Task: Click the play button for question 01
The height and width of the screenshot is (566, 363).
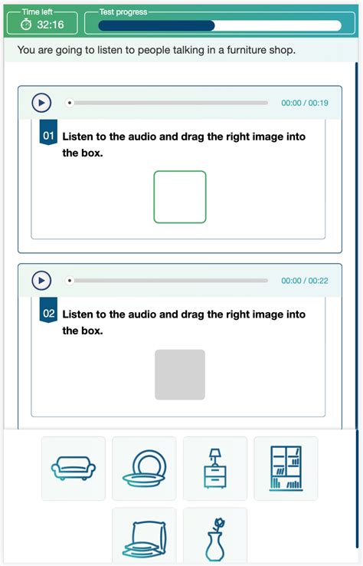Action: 41,103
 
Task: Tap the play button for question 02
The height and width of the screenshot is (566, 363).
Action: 41,281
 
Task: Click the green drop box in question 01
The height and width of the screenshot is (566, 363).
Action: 180,197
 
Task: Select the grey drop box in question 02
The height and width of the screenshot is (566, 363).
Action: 180,375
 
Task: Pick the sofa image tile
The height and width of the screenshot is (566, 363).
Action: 74,469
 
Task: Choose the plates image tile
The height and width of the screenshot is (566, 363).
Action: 144,469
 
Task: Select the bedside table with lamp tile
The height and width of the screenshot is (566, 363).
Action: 215,469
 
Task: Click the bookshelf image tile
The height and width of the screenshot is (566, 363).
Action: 286,469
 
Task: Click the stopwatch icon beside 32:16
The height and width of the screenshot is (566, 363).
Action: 25,25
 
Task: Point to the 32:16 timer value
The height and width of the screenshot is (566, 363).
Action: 51,25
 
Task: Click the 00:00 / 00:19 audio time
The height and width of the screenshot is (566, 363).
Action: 305,103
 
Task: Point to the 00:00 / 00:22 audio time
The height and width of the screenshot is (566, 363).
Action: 305,281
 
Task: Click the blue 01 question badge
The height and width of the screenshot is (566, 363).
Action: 48,137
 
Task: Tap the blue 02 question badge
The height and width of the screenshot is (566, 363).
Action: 48,314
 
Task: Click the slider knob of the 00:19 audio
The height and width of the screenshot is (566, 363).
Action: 70,103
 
